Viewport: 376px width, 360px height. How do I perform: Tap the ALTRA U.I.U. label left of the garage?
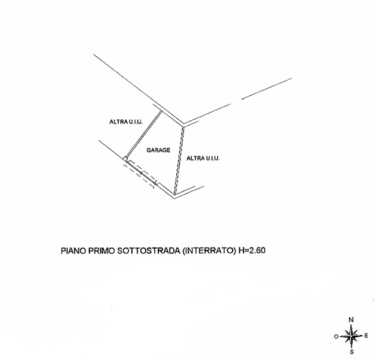point(125,122)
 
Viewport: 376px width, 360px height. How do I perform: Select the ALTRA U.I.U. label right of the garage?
point(204,158)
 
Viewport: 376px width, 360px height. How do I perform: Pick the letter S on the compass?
point(351,352)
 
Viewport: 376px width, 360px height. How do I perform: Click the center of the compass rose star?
point(352,335)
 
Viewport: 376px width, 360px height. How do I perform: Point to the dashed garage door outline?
point(140,176)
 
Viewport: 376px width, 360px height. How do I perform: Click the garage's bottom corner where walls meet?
point(174,196)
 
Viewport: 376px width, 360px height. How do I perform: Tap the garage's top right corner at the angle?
point(183,125)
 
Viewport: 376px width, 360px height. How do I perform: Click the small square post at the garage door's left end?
point(125,159)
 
